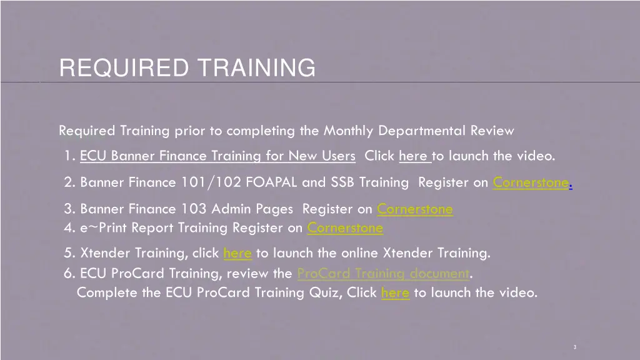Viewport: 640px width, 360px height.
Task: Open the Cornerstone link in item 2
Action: pyautogui.click(x=531, y=182)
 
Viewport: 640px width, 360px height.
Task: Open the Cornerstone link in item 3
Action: pyautogui.click(x=415, y=209)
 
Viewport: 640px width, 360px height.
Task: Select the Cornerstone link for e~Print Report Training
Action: pyautogui.click(x=345, y=227)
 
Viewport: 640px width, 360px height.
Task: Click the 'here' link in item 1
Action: pyautogui.click(x=413, y=156)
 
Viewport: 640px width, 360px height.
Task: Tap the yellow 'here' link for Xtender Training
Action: pyautogui.click(x=237, y=253)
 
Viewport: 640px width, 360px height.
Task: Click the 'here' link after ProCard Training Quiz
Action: pyautogui.click(x=394, y=292)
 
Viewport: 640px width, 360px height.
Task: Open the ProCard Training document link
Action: pyautogui.click(x=382, y=273)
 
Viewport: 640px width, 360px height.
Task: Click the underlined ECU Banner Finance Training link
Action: pyautogui.click(x=217, y=156)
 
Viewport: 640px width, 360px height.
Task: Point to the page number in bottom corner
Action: pyautogui.click(x=574, y=346)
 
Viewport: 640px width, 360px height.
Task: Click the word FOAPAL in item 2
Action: pyautogui.click(x=267, y=182)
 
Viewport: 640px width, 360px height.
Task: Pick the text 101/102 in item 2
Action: pyautogui.click(x=211, y=182)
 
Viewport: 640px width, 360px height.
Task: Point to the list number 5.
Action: pyautogui.click(x=68, y=253)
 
